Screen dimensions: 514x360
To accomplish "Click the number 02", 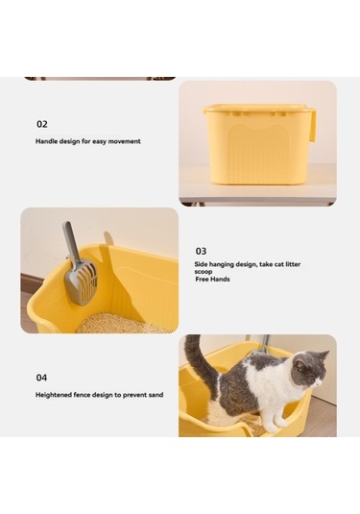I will pyautogui.click(x=41, y=124).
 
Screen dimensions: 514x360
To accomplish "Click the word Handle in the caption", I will pyautogui.click(x=47, y=141).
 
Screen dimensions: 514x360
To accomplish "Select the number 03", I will pyautogui.click(x=201, y=251).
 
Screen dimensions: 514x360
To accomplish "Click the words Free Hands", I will pyautogui.click(x=212, y=279).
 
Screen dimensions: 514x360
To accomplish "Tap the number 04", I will pyautogui.click(x=41, y=378).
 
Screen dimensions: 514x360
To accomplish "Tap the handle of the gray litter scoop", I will pyautogui.click(x=71, y=241).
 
